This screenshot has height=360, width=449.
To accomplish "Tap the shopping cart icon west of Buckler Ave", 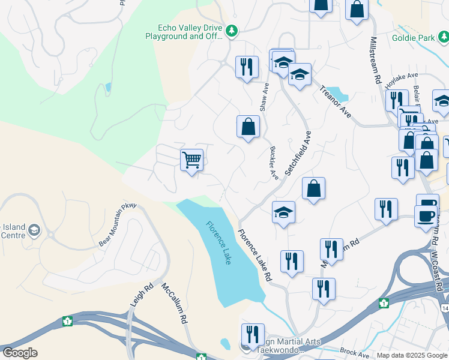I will tap(191, 160).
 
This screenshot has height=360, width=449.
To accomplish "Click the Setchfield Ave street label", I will tap(298, 154).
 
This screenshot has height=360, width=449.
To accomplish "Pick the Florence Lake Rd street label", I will tap(255, 256).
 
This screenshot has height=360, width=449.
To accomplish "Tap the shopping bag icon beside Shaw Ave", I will tap(248, 127).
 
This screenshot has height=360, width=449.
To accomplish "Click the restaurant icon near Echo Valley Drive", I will tap(247, 67).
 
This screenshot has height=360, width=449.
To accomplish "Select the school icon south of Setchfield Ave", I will tap(283, 212).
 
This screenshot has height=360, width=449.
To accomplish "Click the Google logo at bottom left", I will tap(20, 353).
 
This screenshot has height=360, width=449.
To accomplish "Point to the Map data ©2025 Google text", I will tap(412, 355).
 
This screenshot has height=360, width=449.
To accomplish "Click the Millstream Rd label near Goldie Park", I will tap(376, 54).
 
